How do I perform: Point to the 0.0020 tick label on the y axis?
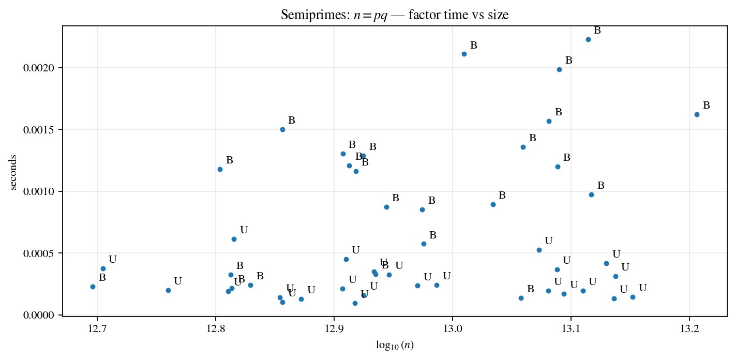42,68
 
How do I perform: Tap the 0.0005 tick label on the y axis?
42,253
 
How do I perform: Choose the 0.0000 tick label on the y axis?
42,315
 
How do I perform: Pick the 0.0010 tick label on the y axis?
42,191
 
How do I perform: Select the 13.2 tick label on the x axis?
689,329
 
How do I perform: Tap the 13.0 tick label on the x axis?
452,329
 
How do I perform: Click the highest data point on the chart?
588,39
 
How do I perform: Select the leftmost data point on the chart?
93,287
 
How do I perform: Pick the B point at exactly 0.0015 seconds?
282,129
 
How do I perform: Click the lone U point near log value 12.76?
168,290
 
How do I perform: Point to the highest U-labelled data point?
234,239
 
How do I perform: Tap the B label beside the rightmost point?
706,106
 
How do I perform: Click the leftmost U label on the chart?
112,260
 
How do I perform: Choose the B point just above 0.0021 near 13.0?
464,54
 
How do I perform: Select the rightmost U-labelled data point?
633,297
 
